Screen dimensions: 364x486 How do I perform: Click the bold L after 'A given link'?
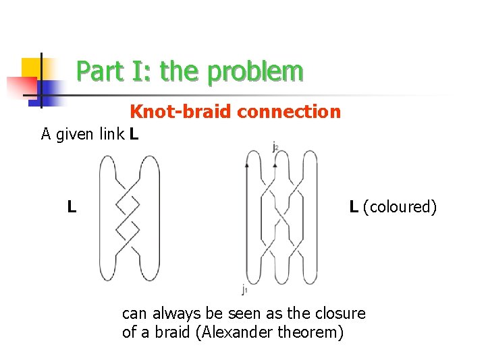click(134, 134)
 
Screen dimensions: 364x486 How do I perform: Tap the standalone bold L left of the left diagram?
click(71, 206)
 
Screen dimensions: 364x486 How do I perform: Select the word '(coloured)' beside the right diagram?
click(400, 206)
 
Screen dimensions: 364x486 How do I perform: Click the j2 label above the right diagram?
click(275, 146)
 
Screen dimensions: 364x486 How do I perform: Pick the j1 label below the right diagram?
click(244, 290)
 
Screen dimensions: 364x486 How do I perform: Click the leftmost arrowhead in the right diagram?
click(247, 164)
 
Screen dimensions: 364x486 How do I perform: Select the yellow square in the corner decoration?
click(32, 67)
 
